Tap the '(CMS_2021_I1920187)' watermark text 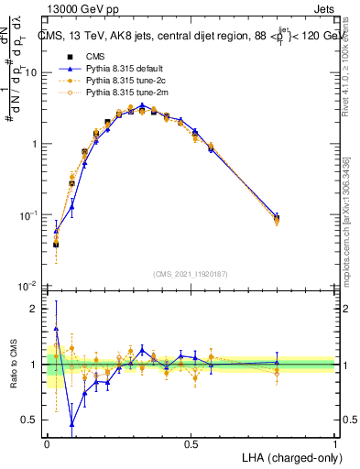coord(191,274)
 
